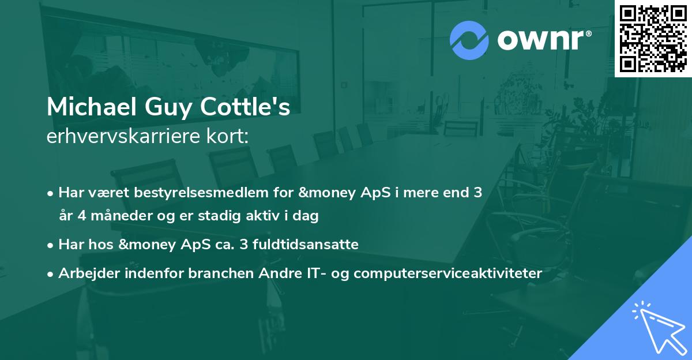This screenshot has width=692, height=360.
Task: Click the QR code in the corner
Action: coord(653,39)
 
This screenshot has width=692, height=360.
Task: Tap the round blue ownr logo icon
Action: coord(469,40)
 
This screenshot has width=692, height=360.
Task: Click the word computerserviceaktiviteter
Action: coord(448,273)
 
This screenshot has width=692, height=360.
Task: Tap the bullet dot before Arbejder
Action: coord(51,273)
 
